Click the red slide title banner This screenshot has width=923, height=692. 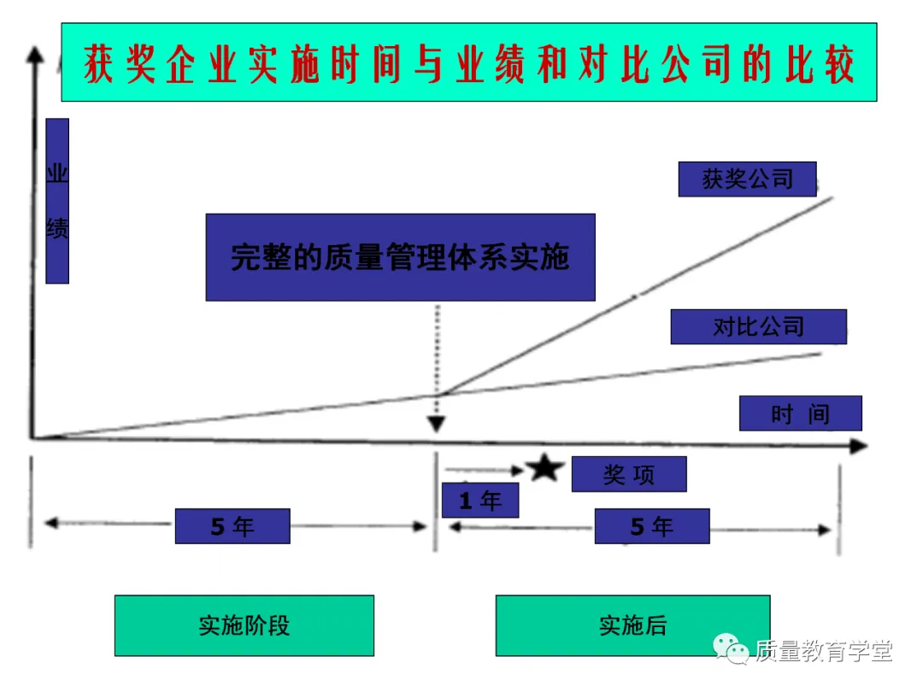coord(468,63)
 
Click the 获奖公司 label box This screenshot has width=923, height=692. coord(747,179)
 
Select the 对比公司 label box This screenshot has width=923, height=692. coord(758,326)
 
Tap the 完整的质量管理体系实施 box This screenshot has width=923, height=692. coord(400,257)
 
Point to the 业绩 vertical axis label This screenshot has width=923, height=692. coord(57,201)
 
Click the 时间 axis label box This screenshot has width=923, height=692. coord(800,413)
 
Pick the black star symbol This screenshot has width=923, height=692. coord(544,468)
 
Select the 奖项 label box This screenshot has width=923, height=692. coord(629,474)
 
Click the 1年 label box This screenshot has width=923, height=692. coord(480,500)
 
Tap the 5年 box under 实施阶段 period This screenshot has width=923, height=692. coord(232,525)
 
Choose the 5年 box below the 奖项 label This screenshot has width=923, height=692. coord(652,525)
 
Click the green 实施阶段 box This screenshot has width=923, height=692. coord(244,625)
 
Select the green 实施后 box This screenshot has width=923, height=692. coord(632,625)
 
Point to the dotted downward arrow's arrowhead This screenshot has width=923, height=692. coord(437,423)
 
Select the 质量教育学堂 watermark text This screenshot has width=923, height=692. coord(823,651)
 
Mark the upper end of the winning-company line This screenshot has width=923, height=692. coord(831,198)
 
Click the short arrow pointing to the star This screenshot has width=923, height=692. coord(484,469)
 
